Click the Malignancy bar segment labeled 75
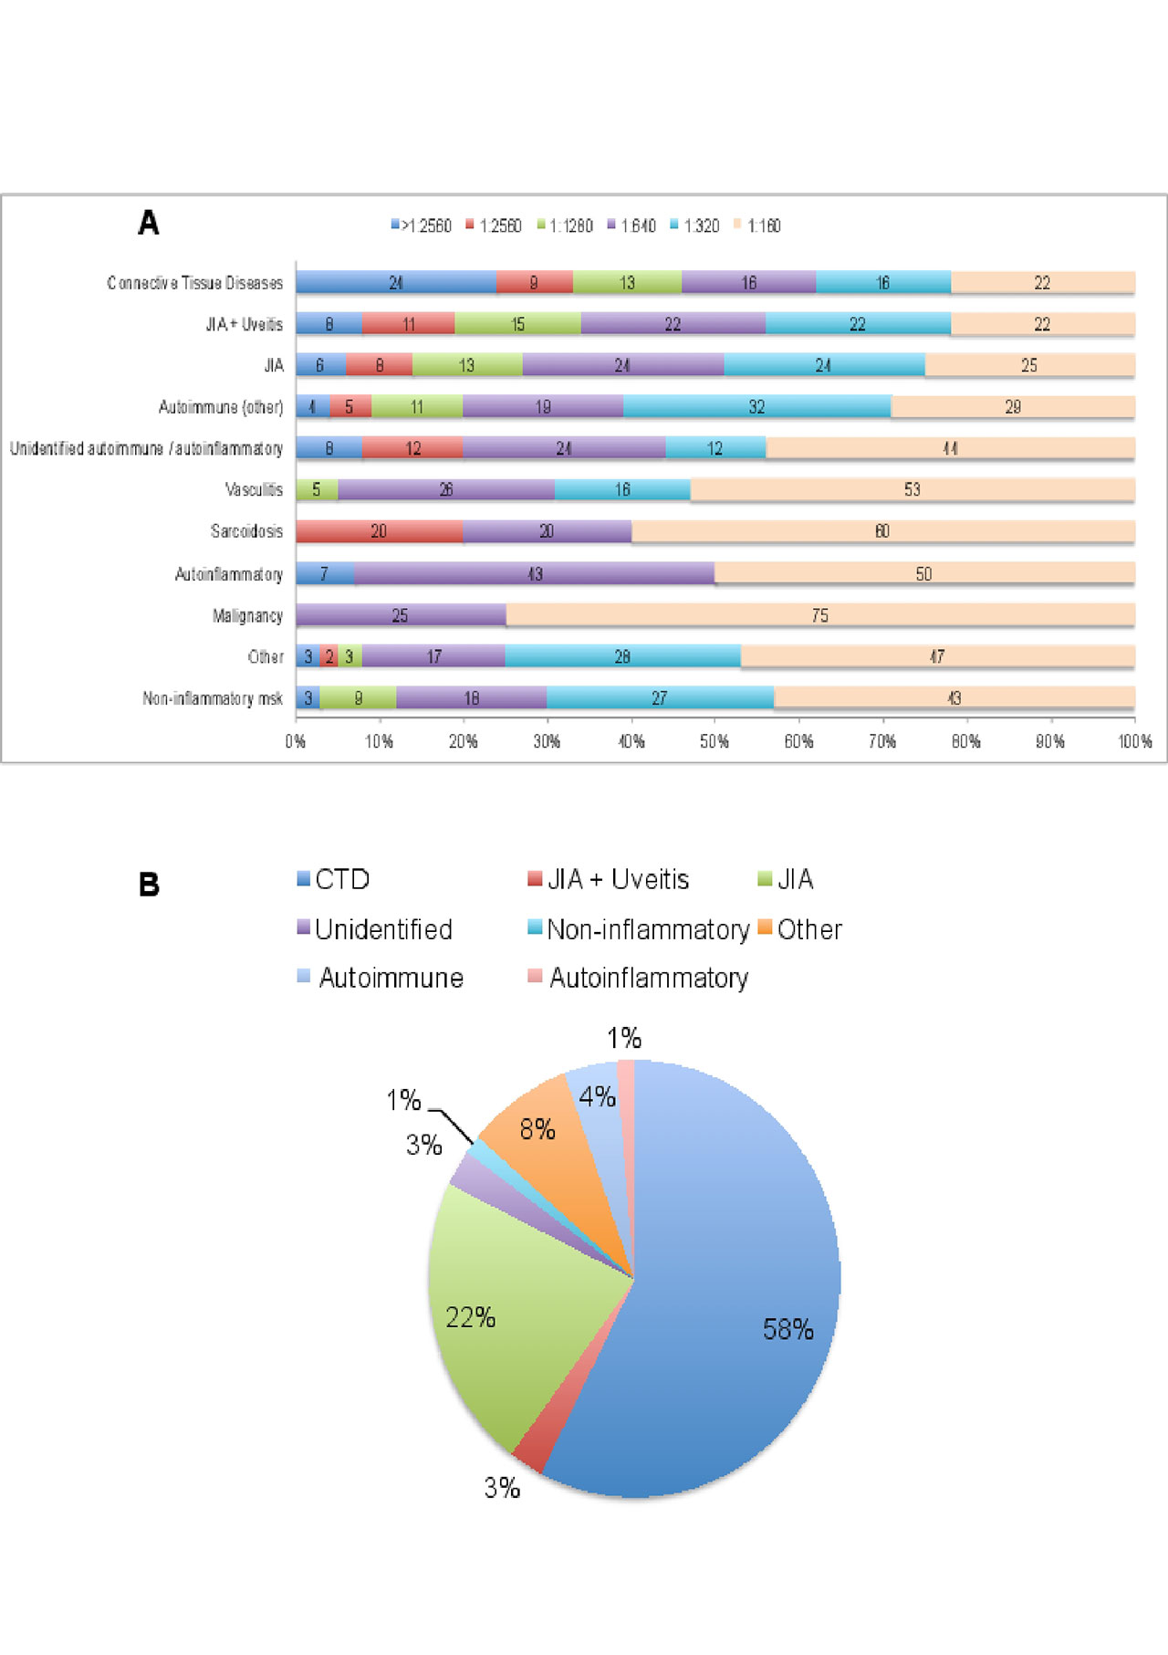(819, 615)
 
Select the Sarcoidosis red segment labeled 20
(379, 531)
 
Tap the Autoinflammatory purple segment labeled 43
(535, 573)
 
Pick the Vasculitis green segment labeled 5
(317, 490)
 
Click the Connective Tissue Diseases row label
(194, 283)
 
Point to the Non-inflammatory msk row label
(212, 698)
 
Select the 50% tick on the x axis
(714, 741)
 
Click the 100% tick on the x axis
(1134, 741)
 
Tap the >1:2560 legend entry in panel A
(422, 225)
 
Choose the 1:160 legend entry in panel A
(758, 225)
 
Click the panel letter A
(148, 223)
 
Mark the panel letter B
(149, 885)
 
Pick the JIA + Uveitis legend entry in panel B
(609, 879)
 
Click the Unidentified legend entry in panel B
(375, 929)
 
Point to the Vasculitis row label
(254, 490)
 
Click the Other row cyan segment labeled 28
(622, 656)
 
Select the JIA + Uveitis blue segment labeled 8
(328, 324)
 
